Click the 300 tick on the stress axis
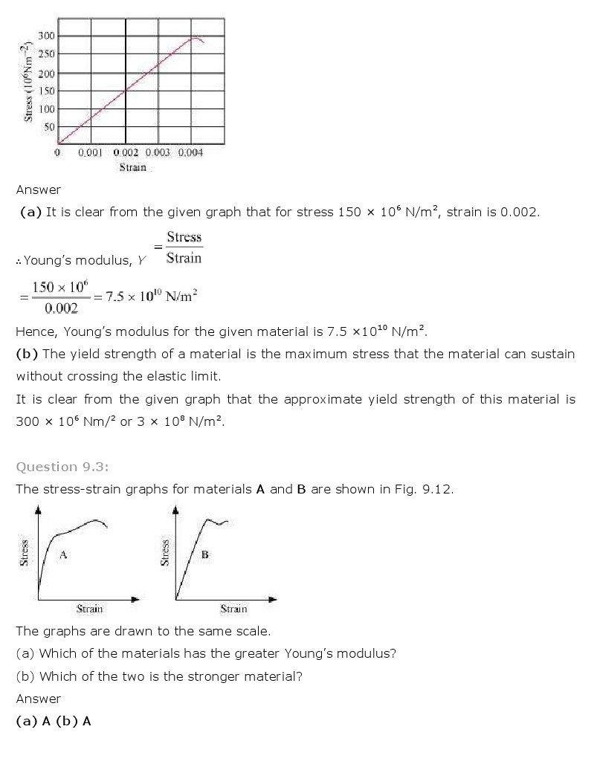47,36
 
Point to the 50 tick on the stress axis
50,127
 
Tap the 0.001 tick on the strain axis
90,152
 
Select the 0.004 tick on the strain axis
190,152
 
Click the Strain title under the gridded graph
133,167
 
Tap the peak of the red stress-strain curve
196,38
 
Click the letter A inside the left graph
63,554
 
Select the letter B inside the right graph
204,554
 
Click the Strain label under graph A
90,609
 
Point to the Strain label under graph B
233,609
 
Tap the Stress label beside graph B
165,552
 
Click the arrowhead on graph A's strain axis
135,598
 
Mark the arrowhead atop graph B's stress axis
175,510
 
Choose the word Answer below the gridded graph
39,190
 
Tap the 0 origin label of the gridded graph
58,152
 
